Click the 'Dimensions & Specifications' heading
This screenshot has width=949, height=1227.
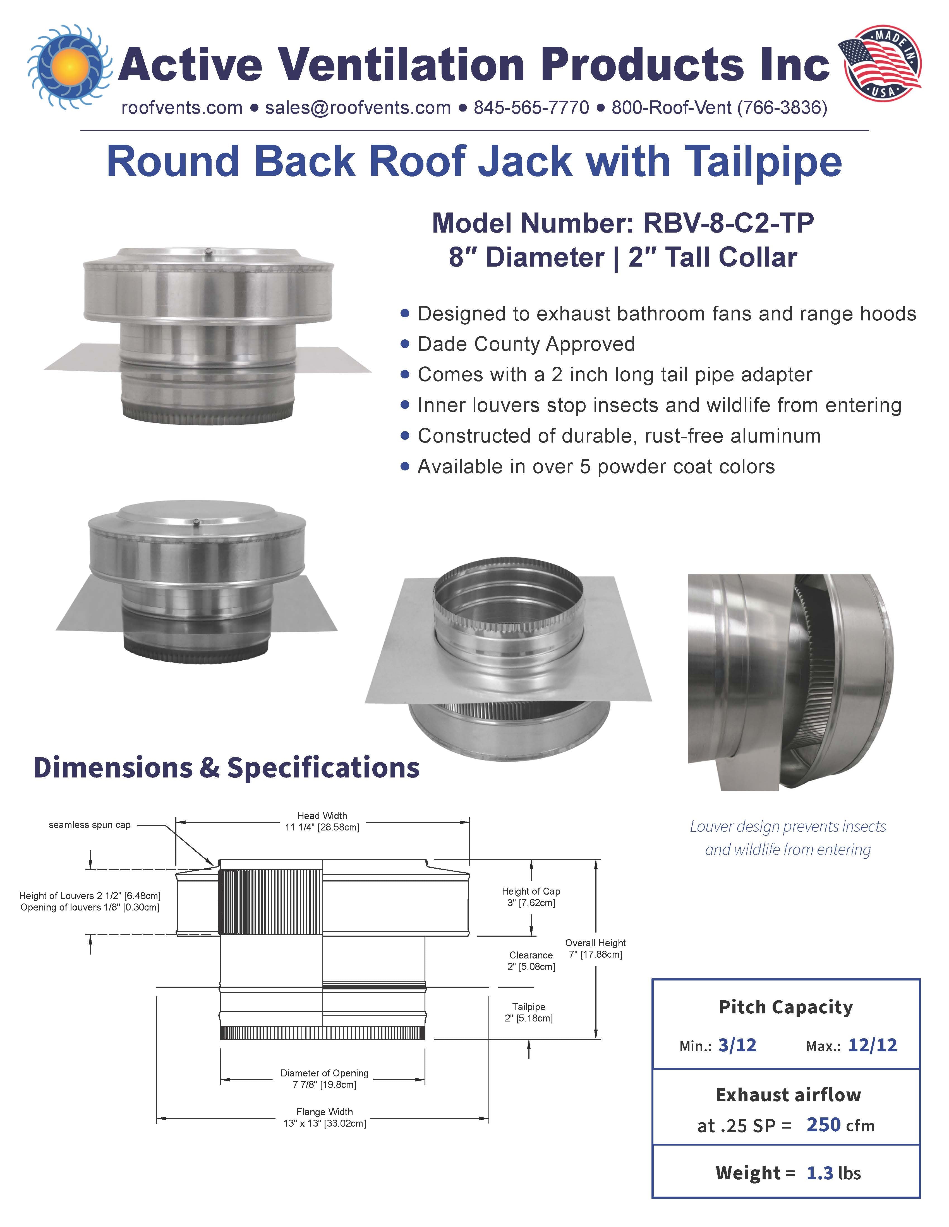227,767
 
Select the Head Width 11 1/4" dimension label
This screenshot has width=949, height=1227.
322,821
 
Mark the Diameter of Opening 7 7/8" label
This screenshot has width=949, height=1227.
324,1079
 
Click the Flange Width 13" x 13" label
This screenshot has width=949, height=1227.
324,1117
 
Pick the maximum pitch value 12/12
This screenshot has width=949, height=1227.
873,1045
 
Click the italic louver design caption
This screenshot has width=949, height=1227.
788,838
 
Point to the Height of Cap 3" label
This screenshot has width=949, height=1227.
531,897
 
